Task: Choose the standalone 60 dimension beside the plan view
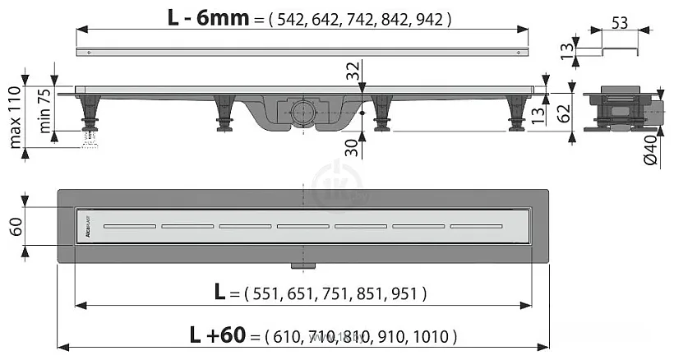15,225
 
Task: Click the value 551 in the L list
258,293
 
